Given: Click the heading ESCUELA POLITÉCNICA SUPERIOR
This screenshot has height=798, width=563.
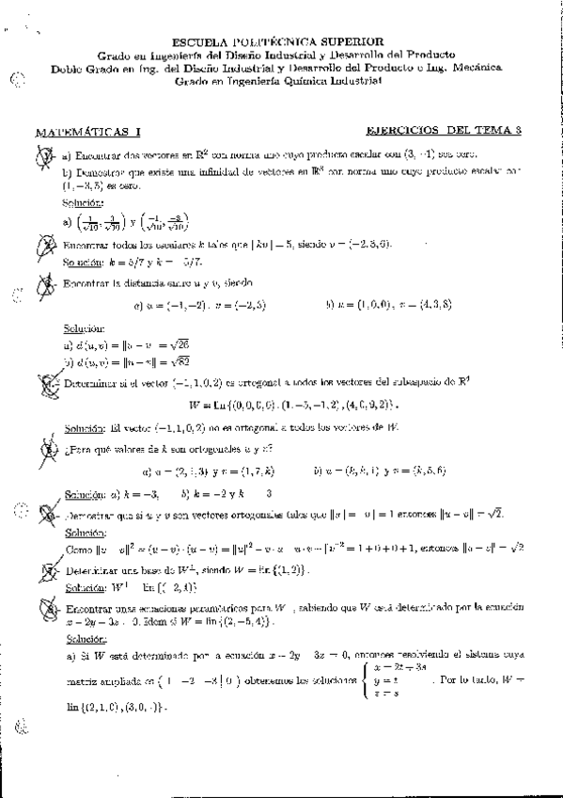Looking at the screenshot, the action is pos(278,41).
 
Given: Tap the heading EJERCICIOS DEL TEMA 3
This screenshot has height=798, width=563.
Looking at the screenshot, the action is pos(442,133).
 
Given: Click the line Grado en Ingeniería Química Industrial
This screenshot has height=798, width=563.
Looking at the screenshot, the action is pos(278,82).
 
